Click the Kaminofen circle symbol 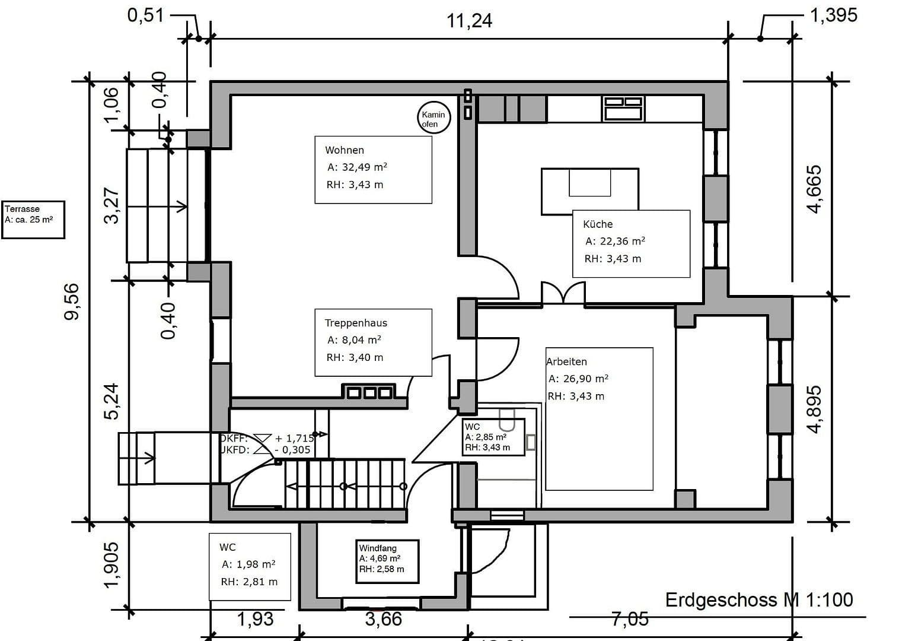click(x=433, y=119)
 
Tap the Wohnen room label click(x=345, y=150)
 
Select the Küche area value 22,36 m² click(x=615, y=241)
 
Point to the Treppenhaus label click(x=356, y=323)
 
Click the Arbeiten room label click(x=567, y=361)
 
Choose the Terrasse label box click(x=33, y=219)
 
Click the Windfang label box click(x=388, y=561)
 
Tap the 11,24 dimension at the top click(x=469, y=21)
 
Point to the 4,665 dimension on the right click(x=814, y=189)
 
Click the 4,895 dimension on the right click(x=815, y=410)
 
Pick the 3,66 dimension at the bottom click(x=384, y=619)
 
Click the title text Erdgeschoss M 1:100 click(x=759, y=599)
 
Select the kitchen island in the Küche click(x=589, y=191)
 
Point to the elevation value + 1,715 click(x=294, y=438)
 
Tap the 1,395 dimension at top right click(x=833, y=15)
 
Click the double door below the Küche click(x=563, y=294)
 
